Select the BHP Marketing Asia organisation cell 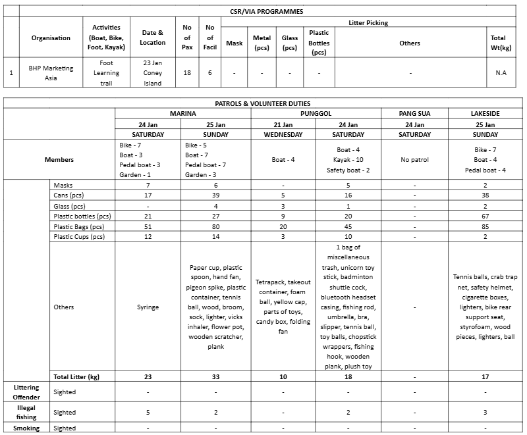51,72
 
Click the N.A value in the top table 501,73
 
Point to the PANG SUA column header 415,114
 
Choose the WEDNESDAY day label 283,135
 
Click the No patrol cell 415,159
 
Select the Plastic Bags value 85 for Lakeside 485,227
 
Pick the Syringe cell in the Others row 148,307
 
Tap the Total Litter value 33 215,376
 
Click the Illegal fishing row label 26,412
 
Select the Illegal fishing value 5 148,413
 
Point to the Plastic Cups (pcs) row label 79,237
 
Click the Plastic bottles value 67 485,217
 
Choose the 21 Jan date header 283,124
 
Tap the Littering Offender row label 26,392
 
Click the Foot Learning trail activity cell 106,72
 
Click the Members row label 59,159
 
